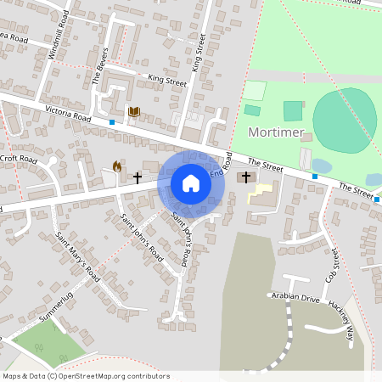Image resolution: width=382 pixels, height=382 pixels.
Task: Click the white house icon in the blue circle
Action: point(190,183)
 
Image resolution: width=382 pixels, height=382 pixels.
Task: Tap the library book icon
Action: point(133,111)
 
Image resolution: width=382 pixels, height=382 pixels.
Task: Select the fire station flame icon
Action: point(116,168)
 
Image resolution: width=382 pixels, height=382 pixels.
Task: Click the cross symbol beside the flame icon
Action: point(137,177)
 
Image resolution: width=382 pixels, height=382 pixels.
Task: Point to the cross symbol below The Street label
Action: point(246,177)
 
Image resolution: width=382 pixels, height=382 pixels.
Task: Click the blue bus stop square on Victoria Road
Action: point(112,122)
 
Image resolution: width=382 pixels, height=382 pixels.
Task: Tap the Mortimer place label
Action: point(276,133)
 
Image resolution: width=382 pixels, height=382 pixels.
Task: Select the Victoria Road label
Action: point(69,114)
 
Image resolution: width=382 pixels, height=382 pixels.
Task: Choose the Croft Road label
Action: point(19,159)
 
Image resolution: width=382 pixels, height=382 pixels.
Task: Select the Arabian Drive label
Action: point(295,298)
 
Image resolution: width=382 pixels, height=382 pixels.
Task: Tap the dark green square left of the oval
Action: point(292,110)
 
